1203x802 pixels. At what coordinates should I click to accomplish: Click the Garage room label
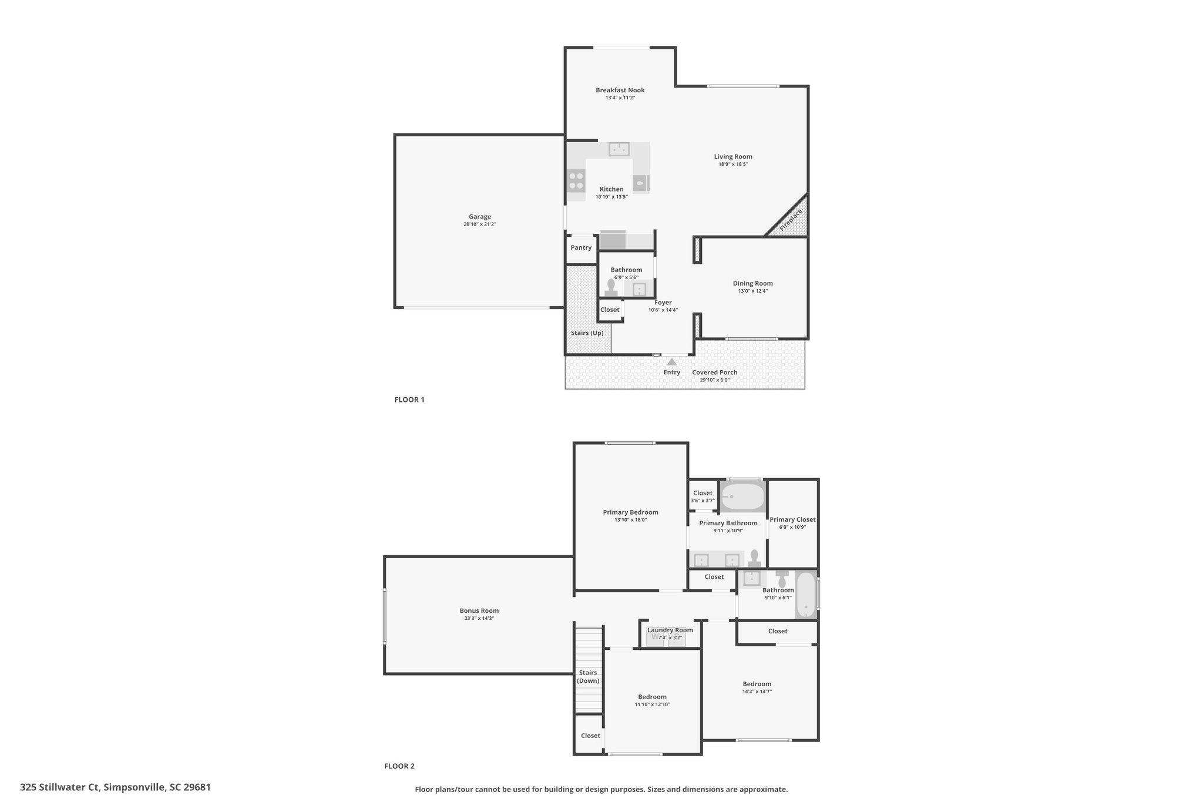(480, 217)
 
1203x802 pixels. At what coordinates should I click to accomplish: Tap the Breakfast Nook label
(620, 90)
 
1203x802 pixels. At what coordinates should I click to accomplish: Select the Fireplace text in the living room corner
(791, 220)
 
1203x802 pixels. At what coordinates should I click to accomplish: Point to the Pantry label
(581, 247)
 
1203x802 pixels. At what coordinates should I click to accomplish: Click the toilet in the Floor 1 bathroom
(611, 287)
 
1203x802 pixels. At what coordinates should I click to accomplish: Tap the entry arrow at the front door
(671, 361)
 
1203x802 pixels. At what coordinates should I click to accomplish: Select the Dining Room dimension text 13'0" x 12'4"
(752, 291)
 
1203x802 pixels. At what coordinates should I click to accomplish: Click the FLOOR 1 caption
(409, 400)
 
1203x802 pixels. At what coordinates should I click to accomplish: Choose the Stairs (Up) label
(587, 333)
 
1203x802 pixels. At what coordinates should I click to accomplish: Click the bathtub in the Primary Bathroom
(742, 497)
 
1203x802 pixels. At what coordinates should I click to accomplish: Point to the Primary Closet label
(792, 519)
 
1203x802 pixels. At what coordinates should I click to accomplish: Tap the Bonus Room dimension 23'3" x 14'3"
(479, 618)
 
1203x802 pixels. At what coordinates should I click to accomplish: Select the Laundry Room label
(670, 630)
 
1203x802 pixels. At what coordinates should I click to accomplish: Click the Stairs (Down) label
(588, 677)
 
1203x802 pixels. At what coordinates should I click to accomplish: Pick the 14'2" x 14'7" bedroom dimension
(757, 692)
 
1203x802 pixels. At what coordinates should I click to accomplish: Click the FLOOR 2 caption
(399, 766)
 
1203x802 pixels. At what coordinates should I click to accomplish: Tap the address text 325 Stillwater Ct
(60, 787)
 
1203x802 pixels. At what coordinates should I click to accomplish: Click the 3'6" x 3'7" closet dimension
(703, 501)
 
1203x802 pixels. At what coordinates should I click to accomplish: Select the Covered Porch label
(714, 373)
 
